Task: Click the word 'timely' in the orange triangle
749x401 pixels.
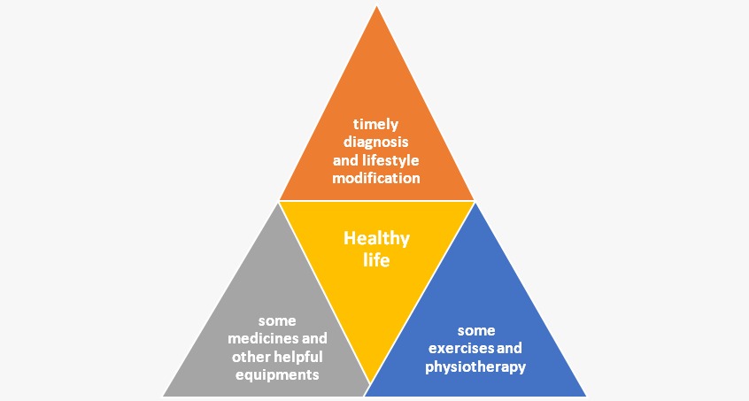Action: click(x=376, y=125)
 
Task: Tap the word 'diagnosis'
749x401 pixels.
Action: click(x=376, y=143)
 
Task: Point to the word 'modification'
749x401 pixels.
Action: click(x=376, y=178)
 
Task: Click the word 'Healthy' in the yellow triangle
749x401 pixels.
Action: click(x=376, y=238)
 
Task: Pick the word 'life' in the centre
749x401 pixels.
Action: click(x=376, y=261)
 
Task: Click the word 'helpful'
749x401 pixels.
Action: click(x=297, y=357)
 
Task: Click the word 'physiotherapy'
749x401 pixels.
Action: click(x=475, y=366)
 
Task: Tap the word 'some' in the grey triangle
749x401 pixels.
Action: click(x=277, y=320)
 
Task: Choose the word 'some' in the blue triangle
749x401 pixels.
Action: click(x=475, y=330)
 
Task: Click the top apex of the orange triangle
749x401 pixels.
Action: click(x=376, y=7)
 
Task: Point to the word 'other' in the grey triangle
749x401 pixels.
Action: click(x=250, y=357)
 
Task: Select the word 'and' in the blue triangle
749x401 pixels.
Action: click(x=511, y=349)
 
